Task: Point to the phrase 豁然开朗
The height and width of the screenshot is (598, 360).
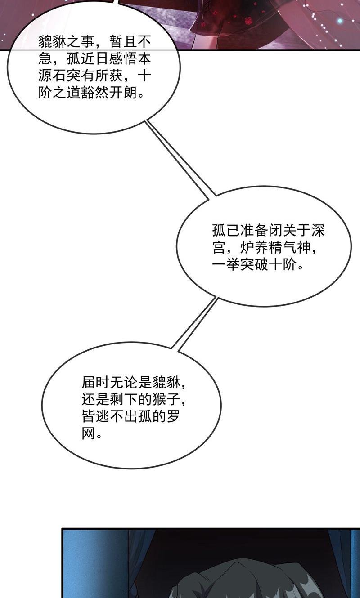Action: tap(109, 93)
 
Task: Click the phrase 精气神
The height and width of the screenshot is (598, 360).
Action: tap(289, 247)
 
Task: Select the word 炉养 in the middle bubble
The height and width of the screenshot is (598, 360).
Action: tap(254, 247)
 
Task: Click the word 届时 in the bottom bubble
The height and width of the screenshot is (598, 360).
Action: tap(96, 382)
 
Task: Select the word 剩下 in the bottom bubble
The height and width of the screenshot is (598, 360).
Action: tap(124, 400)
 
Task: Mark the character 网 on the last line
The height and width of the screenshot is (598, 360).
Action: tap(89, 434)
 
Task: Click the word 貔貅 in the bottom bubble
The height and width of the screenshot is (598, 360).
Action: tap(166, 382)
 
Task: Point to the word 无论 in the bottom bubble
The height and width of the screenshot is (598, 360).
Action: tap(124, 382)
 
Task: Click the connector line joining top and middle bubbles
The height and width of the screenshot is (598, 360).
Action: tap(180, 159)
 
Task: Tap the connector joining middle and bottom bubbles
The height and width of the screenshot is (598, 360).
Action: tap(194, 323)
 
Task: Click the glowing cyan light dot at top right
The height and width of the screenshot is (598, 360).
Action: tap(340, 21)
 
